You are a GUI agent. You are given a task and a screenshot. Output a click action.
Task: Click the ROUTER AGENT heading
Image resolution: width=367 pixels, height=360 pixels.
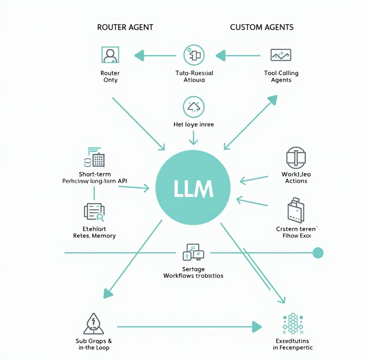(x=125, y=27)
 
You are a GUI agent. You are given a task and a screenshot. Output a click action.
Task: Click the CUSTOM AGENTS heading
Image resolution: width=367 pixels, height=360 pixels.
(x=262, y=27)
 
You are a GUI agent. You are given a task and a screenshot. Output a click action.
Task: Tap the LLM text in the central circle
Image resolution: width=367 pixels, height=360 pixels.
(x=193, y=189)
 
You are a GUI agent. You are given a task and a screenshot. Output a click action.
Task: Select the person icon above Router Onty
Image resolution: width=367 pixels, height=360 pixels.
(x=110, y=55)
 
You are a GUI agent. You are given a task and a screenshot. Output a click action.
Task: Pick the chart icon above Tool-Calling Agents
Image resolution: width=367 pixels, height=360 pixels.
(x=281, y=55)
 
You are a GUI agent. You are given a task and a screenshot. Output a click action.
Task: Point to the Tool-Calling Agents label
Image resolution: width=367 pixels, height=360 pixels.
(x=281, y=76)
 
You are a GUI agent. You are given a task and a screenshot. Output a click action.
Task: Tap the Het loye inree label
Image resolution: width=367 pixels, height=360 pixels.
(x=194, y=125)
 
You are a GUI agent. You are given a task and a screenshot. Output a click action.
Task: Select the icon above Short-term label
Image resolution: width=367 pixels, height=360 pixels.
(x=94, y=157)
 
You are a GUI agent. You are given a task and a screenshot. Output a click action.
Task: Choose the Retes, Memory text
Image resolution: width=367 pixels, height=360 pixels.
(x=94, y=235)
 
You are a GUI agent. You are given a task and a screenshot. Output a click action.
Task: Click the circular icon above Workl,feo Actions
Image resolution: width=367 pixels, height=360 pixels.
(x=296, y=157)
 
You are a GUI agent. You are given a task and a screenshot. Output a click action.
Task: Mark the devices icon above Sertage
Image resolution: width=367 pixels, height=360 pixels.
(x=193, y=253)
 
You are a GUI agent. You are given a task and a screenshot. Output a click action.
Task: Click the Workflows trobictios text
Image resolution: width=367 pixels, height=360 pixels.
(x=193, y=276)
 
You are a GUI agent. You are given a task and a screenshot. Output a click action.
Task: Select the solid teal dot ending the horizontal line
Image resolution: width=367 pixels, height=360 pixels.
(x=318, y=253)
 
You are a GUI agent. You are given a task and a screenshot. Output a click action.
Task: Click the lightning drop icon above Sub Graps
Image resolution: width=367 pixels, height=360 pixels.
(x=93, y=324)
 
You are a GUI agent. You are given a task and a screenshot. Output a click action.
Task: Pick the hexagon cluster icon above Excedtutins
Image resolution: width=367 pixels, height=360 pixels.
(x=293, y=324)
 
